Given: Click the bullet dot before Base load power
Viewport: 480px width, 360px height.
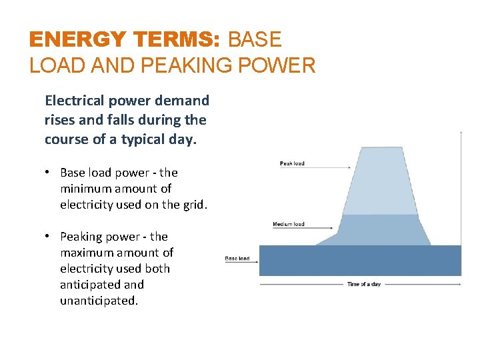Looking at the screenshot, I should click(x=49, y=173).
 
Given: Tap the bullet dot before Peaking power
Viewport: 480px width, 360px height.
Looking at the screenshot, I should click(x=49, y=237).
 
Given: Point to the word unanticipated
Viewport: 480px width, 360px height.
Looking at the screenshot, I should click(x=97, y=301).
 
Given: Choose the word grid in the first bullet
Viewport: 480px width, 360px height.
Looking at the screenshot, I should click(x=193, y=205).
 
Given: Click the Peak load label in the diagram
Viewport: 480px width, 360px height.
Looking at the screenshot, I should click(x=292, y=163).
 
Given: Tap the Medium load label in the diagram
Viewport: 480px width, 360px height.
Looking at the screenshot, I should click(x=288, y=224).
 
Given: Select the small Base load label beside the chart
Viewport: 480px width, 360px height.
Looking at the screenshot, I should click(x=237, y=259).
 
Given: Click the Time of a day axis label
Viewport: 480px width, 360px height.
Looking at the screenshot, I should click(x=363, y=285).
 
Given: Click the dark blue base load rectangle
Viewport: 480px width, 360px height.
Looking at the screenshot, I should click(x=360, y=261).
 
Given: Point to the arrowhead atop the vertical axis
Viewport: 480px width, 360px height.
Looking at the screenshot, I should click(x=461, y=133).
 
